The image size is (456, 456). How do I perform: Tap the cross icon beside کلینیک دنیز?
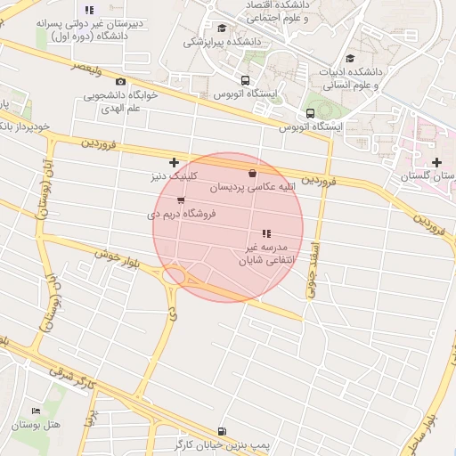pos(174,162)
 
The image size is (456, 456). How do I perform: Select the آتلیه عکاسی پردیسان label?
pos(252,189)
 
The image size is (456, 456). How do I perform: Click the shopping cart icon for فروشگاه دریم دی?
pos(182,200)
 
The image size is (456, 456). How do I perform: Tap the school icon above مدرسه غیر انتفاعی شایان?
pos(266,233)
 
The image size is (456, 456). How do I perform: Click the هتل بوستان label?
pos(37,425)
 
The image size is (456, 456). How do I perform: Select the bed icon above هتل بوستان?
pos(36,411)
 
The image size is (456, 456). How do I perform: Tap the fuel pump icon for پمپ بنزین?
pos(221,429)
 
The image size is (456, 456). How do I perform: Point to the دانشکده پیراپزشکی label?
pos(221,41)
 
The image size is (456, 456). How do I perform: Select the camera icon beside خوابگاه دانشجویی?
pos(121,81)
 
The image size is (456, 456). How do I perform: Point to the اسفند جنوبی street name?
pos(313,260)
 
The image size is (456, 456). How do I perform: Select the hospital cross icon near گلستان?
pos(436,162)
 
